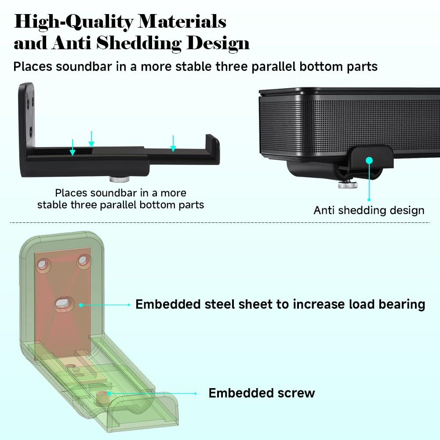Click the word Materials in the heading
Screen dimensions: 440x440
[x=182, y=22]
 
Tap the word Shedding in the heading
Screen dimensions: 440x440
[x=138, y=44]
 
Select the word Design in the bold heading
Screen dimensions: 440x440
[x=218, y=44]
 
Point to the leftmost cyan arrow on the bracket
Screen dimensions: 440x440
[x=73, y=147]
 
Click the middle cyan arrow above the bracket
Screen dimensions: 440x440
[x=91, y=139]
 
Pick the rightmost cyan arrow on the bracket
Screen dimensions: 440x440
[x=173, y=143]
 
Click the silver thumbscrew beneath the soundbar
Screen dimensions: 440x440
[x=348, y=185]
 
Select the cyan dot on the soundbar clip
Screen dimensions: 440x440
[x=369, y=160]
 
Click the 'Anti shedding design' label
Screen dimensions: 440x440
[x=369, y=210]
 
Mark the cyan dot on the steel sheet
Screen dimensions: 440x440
[x=81, y=305]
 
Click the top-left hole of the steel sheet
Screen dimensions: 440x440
[x=43, y=264]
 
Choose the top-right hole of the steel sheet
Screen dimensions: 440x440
[x=84, y=260]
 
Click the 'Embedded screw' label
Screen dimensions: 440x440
[x=262, y=393]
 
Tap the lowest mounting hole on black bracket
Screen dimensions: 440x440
[x=30, y=131]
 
